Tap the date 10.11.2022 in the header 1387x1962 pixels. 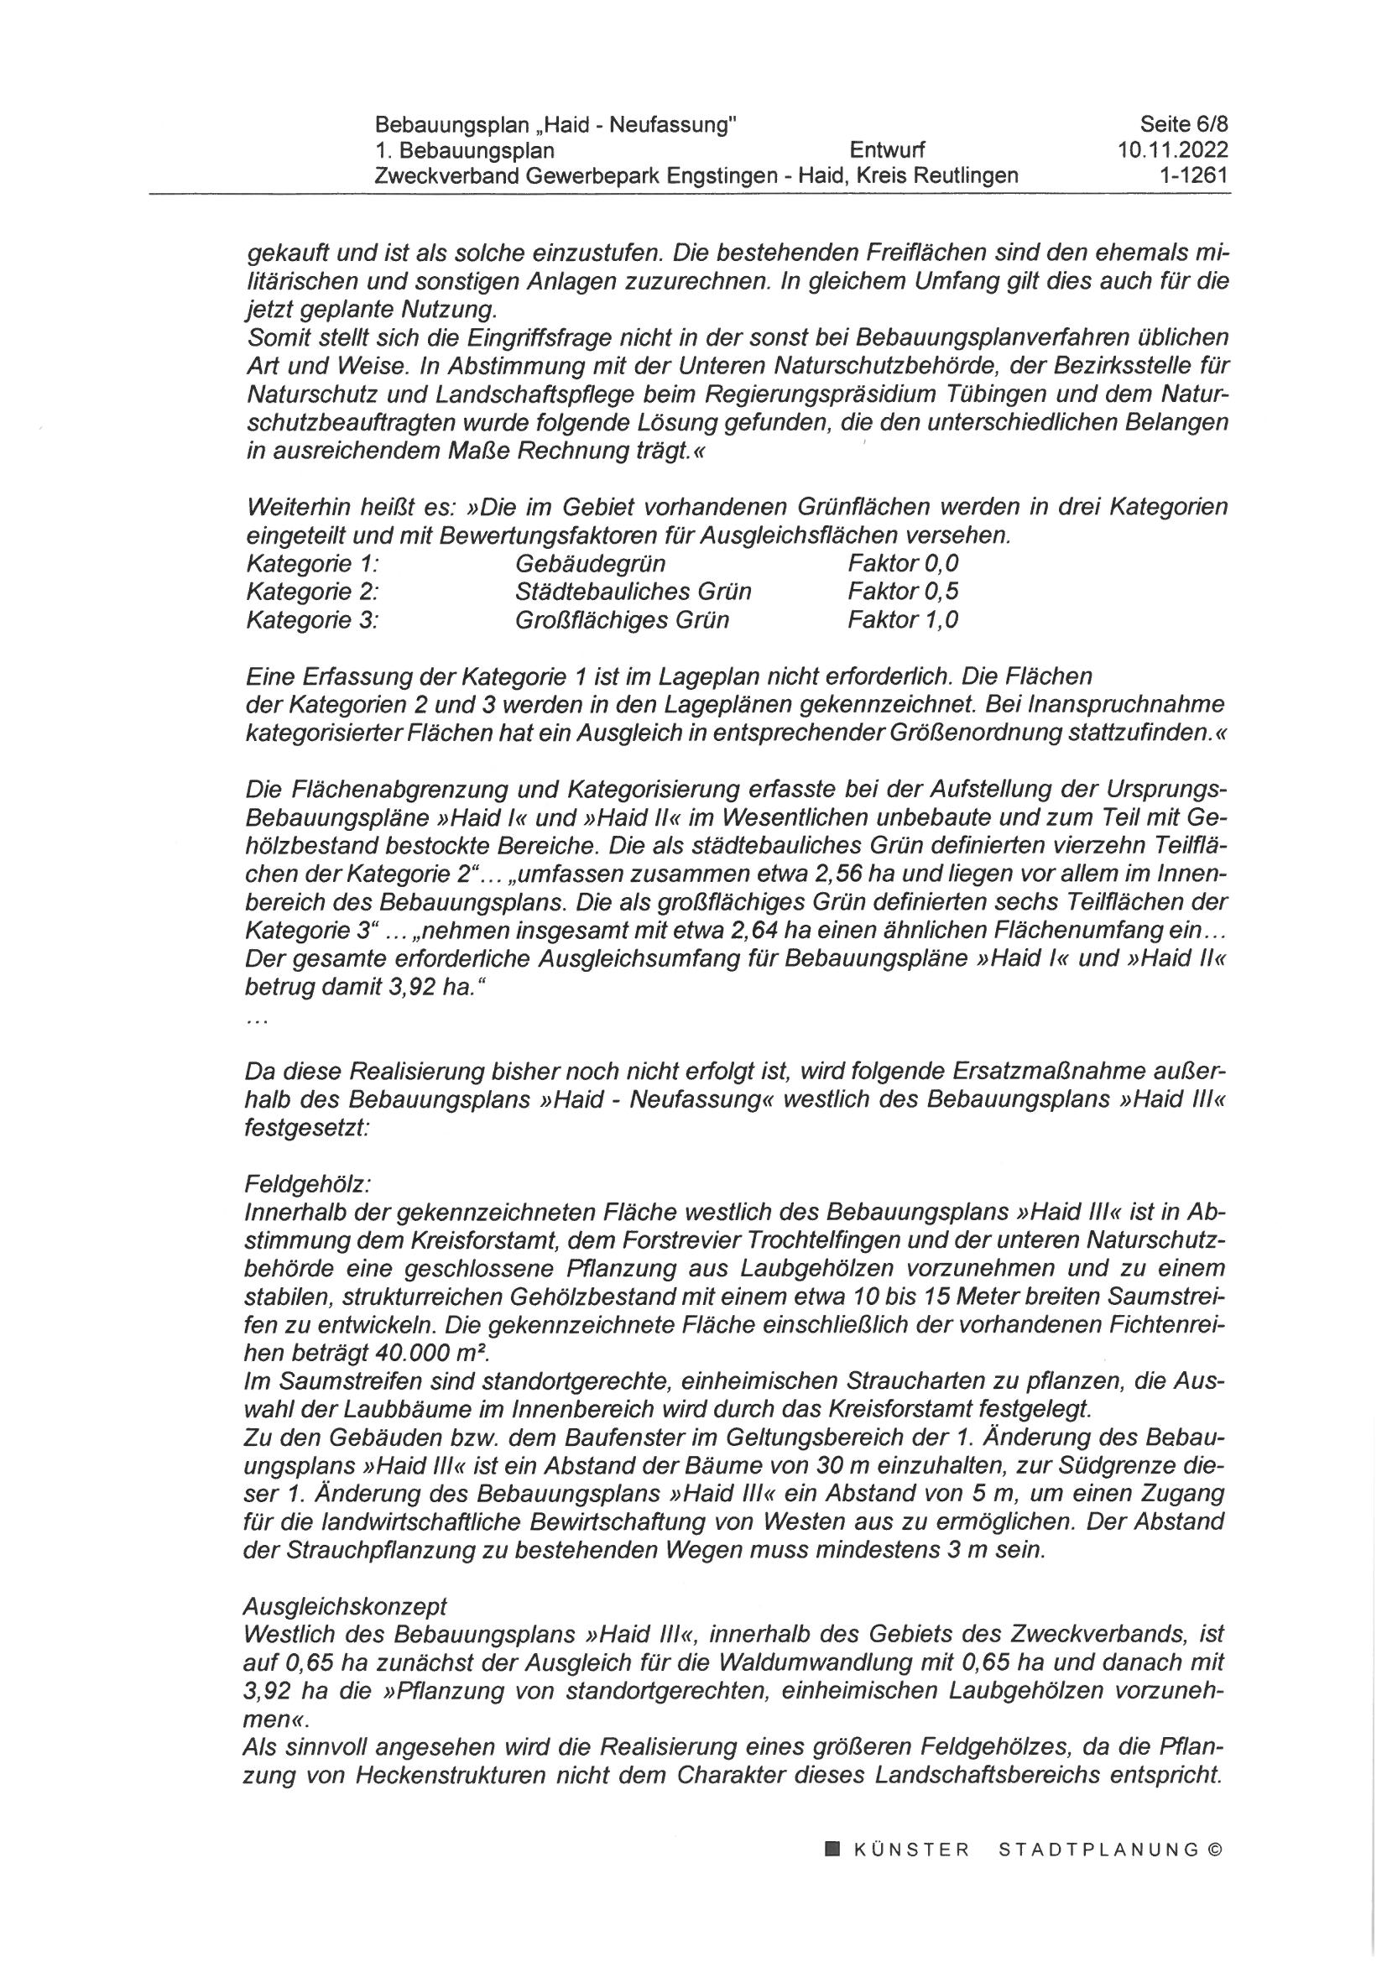(x=1172, y=151)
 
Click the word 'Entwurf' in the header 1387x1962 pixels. (x=888, y=151)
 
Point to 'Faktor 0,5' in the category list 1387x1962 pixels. (x=903, y=592)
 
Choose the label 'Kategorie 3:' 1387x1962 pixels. (x=312, y=619)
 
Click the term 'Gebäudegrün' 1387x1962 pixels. (x=591, y=564)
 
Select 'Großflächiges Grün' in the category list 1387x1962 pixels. (x=622, y=619)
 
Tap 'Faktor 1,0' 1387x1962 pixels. (x=903, y=619)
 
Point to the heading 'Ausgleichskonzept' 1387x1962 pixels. (x=345, y=1606)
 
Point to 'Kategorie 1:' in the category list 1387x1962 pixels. (x=312, y=564)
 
